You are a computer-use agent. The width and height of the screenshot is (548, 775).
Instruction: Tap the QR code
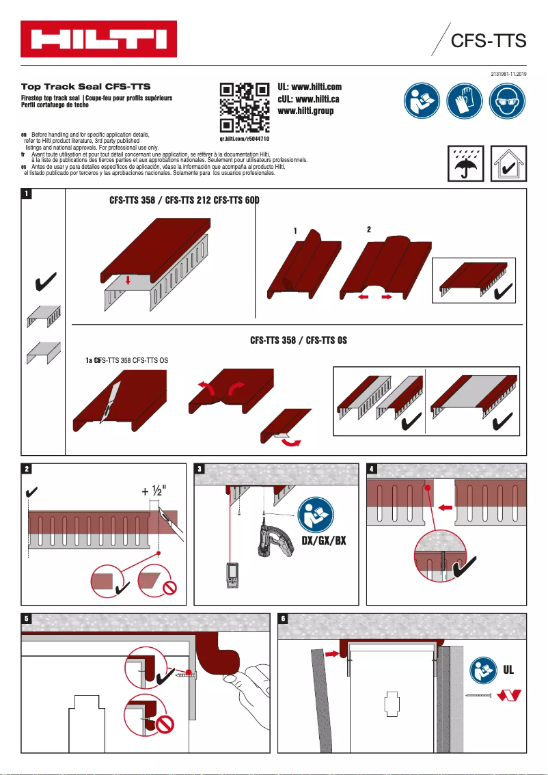tap(245, 107)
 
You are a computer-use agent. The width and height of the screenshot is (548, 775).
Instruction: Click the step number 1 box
tap(26, 194)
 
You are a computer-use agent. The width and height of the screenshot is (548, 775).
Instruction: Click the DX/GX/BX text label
tap(323, 541)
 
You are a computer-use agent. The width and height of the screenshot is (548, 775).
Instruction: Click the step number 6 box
tap(283, 618)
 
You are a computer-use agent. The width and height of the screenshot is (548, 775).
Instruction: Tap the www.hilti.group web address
tap(305, 111)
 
